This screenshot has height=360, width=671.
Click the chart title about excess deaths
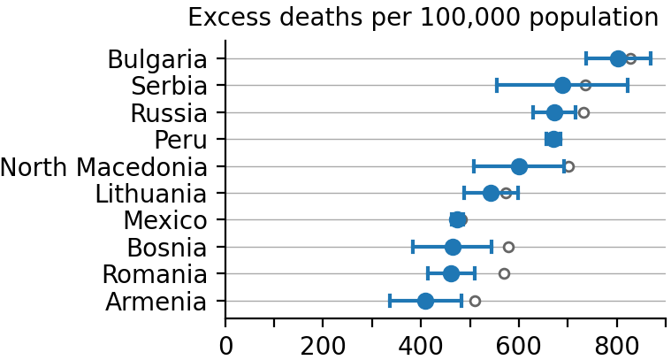pyautogui.click(x=423, y=18)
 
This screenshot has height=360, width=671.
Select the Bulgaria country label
pyautogui.click(x=157, y=59)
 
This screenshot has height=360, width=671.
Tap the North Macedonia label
pyautogui.click(x=103, y=167)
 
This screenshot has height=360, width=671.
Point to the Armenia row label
pyautogui.click(x=156, y=302)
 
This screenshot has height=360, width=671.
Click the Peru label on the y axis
pyautogui.click(x=180, y=140)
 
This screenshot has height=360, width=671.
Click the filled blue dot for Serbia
pyautogui.click(x=562, y=86)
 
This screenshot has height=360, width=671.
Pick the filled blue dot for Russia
pyautogui.click(x=554, y=112)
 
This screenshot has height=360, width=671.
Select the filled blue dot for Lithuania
pyautogui.click(x=491, y=193)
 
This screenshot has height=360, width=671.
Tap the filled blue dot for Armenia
pyautogui.click(x=425, y=301)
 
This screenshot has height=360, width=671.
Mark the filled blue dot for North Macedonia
pyautogui.click(x=519, y=166)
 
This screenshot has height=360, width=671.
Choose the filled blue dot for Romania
pyautogui.click(x=451, y=273)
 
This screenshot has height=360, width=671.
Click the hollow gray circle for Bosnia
pyautogui.click(x=508, y=247)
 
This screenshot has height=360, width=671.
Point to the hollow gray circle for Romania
pyautogui.click(x=504, y=273)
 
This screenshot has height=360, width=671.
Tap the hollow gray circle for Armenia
pyautogui.click(x=475, y=301)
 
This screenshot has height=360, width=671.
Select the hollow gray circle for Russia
pyautogui.click(x=583, y=112)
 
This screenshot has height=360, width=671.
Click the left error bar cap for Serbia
pyautogui.click(x=497, y=86)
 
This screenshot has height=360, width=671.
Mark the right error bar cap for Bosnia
pyautogui.click(x=492, y=247)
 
